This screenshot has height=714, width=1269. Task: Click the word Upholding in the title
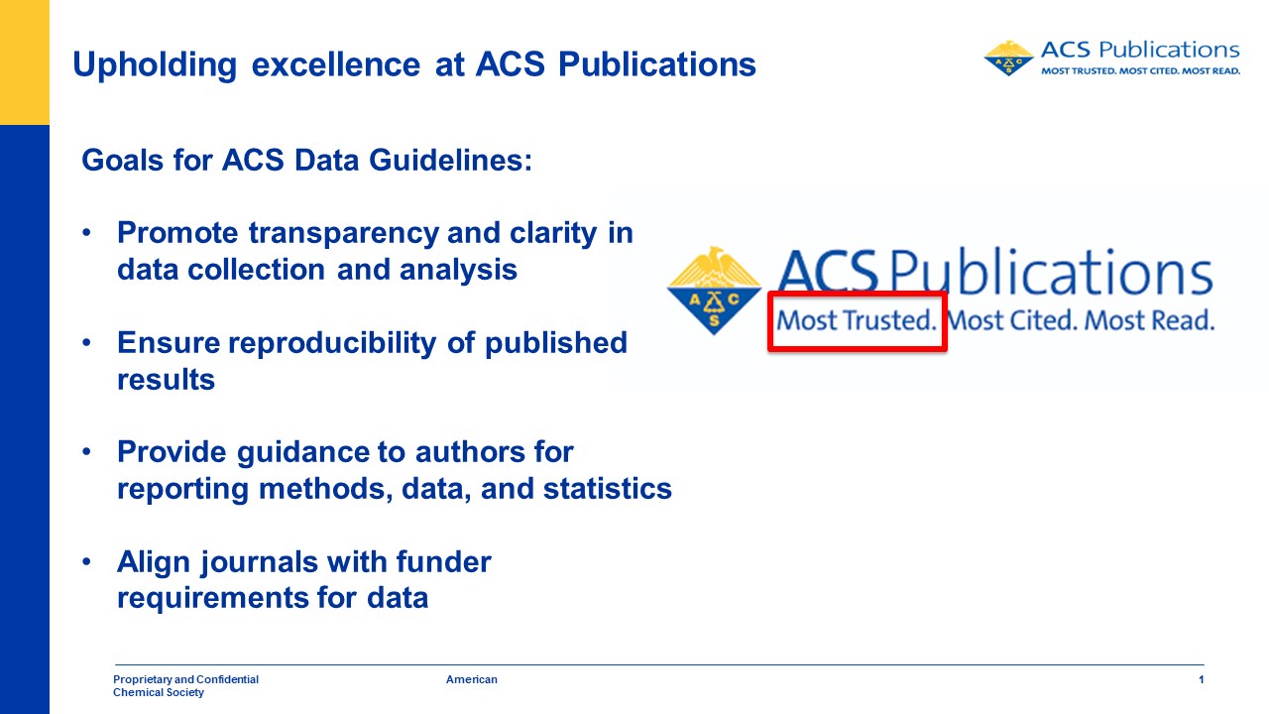point(155,64)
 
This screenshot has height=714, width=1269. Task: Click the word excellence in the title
point(336,64)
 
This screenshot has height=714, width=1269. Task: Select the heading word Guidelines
point(451,160)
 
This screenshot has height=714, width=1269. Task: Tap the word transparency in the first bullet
point(344,233)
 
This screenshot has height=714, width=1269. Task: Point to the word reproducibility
point(332,343)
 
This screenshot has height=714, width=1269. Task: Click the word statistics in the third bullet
point(608,489)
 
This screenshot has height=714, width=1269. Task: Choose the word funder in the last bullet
point(443,561)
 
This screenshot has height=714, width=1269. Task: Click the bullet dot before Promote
point(86,232)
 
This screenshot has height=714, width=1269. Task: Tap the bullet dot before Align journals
point(86,561)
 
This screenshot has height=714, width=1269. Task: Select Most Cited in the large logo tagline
point(1011,320)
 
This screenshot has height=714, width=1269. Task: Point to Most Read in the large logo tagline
point(1149,320)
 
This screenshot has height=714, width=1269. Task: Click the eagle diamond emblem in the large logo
point(714,291)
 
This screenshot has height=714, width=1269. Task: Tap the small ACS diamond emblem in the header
point(1008,58)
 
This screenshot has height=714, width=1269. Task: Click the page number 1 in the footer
point(1201,679)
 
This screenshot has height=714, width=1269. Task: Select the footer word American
point(471,679)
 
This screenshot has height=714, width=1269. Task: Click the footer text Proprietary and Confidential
point(185,679)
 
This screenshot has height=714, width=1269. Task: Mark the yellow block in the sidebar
point(25,62)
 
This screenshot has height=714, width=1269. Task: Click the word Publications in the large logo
point(1051,272)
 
